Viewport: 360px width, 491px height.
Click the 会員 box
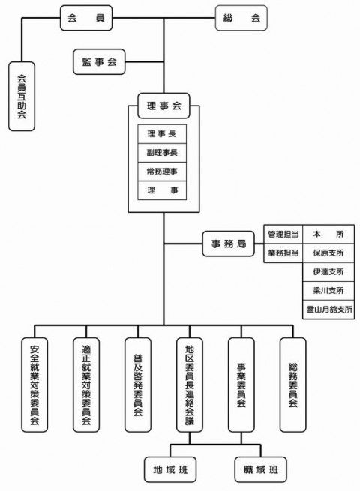tap(86, 18)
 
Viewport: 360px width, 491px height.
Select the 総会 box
tap(241, 18)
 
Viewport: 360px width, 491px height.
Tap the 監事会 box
tap(99, 62)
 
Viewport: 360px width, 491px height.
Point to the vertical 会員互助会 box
tap(22, 96)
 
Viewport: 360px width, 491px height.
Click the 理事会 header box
tap(163, 106)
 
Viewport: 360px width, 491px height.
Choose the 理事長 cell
tap(162, 134)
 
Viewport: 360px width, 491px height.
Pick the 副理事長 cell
tap(162, 153)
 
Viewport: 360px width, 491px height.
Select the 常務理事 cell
tap(162, 172)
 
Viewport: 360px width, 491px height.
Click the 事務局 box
tap(229, 244)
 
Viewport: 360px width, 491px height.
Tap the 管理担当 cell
tap(283, 234)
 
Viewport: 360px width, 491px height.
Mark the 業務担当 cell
tap(283, 253)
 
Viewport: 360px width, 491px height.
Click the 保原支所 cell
tap(328, 253)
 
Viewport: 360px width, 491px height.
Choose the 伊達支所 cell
tap(328, 272)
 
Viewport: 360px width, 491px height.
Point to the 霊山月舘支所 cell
tap(328, 310)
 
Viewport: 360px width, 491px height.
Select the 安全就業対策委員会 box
tap(34, 385)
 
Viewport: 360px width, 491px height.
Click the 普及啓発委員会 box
tap(138, 385)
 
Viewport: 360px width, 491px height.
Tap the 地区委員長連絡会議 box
tap(190, 385)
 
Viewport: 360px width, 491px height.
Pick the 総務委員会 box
tap(293, 385)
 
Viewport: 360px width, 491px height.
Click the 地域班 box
tap(170, 469)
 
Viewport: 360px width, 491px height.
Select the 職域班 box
tap(261, 469)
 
